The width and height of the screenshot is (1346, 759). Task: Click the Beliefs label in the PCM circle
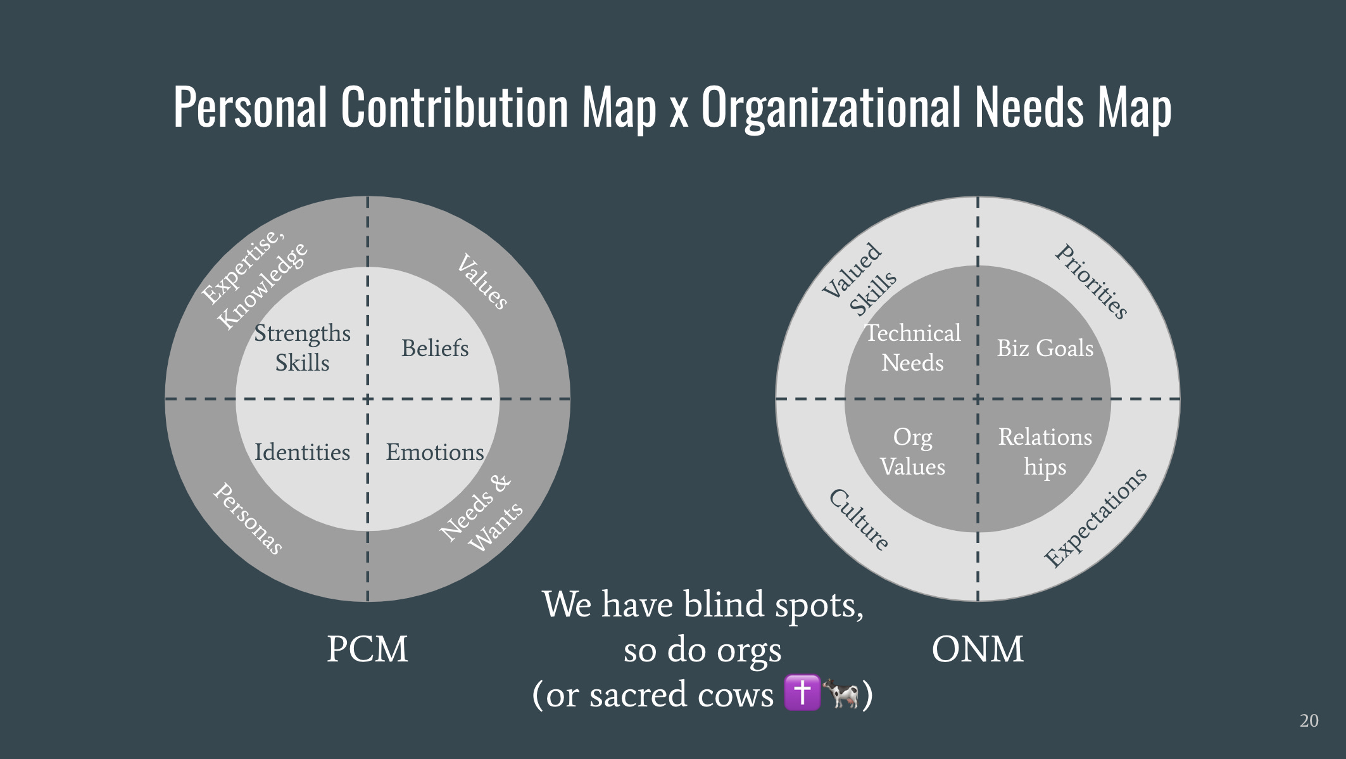coord(435,348)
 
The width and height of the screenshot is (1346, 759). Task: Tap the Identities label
coord(302,452)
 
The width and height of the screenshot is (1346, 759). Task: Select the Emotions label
coord(435,452)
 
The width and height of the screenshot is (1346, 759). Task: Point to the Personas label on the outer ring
coord(248,518)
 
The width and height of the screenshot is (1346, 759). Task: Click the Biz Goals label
coord(1045,348)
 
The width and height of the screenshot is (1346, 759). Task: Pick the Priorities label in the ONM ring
coord(1091,281)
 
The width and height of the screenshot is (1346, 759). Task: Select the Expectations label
coord(1095,518)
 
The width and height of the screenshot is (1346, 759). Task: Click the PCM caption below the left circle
coord(367,649)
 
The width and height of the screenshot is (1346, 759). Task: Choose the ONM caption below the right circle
coord(978,649)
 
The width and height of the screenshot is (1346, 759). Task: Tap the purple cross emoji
coord(802,692)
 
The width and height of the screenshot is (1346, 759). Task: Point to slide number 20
coord(1309,721)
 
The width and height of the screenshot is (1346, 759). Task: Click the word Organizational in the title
coord(833,108)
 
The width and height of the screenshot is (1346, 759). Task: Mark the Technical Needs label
coord(912,348)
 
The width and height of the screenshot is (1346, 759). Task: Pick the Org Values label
coord(912,452)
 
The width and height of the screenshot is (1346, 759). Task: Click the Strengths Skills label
coord(302,348)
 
